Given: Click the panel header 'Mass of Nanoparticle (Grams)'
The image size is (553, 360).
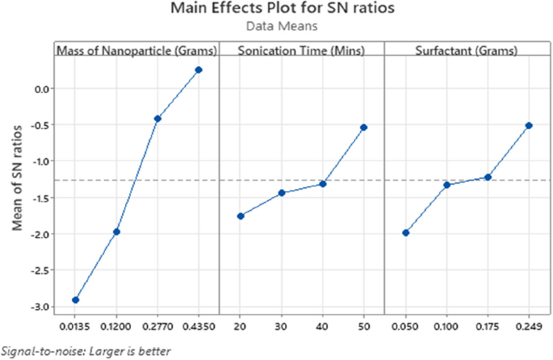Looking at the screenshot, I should (136, 51).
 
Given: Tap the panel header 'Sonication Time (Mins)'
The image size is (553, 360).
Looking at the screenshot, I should (301, 51).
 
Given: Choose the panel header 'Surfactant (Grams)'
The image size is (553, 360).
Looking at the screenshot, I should (466, 51).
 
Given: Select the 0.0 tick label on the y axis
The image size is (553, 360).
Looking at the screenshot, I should (38, 88).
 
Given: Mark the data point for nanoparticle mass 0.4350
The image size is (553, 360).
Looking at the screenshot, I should (199, 69).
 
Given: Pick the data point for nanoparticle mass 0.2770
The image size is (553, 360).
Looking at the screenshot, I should (157, 119).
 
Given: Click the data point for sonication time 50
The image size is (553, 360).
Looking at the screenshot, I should (364, 128).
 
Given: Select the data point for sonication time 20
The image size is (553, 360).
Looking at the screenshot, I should (241, 216).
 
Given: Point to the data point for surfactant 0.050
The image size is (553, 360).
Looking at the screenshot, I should (405, 232).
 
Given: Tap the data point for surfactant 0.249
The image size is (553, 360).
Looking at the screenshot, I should (529, 125).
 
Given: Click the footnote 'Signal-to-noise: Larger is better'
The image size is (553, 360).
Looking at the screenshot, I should (86, 351).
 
